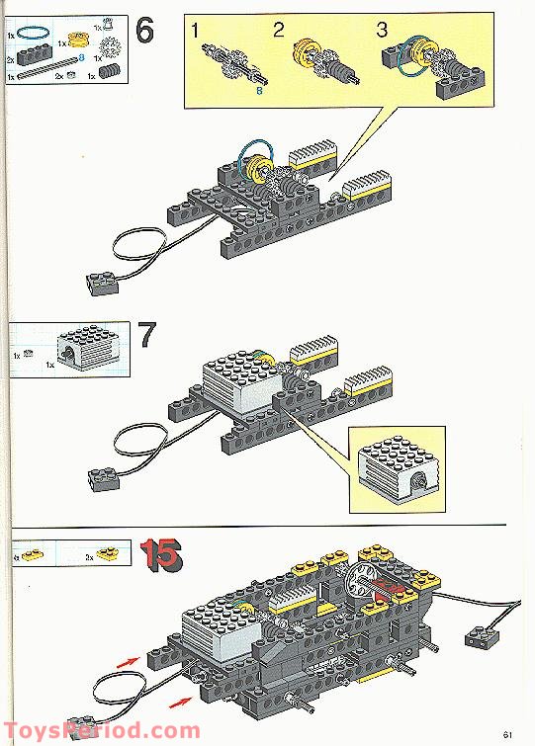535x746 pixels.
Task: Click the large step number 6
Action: click(143, 31)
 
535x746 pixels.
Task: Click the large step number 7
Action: click(145, 337)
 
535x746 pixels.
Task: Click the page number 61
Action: click(507, 732)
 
